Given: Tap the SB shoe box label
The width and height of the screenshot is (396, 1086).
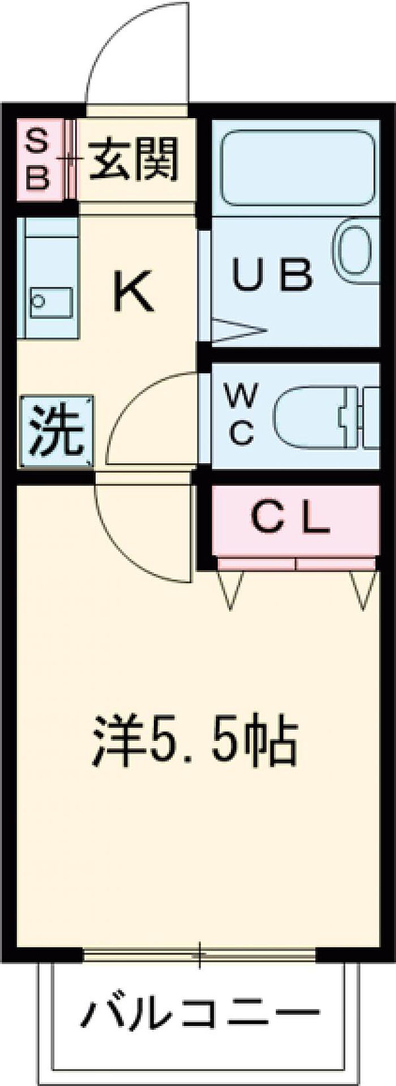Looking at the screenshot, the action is pyautogui.click(x=39, y=160).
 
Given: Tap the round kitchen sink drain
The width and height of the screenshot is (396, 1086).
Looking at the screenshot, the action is pyautogui.click(x=38, y=300).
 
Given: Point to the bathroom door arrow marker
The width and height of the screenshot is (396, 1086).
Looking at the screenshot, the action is pyautogui.click(x=237, y=330).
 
